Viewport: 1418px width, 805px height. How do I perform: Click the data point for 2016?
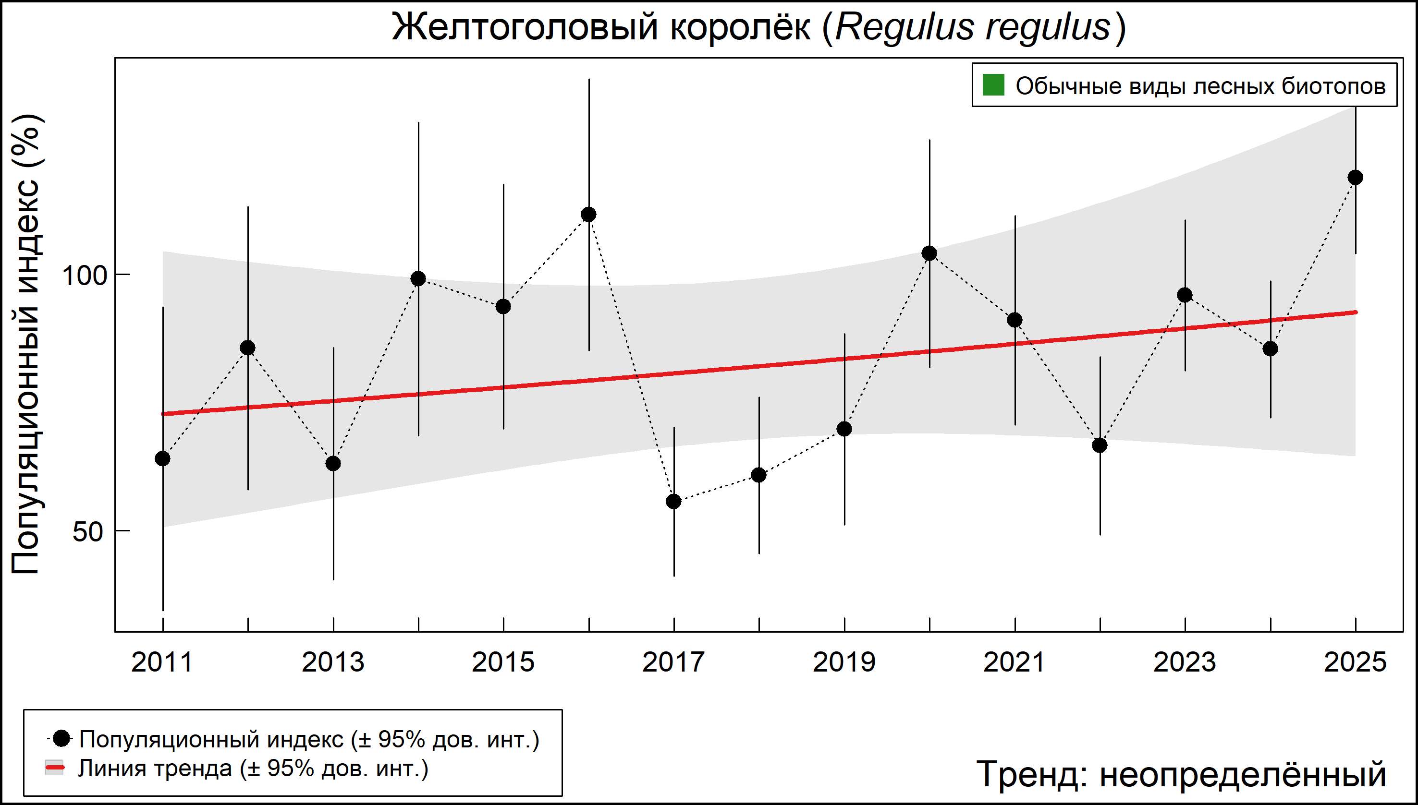coord(588,215)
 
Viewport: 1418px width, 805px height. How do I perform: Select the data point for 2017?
coord(674,502)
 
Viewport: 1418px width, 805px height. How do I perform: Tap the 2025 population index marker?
coord(1355,178)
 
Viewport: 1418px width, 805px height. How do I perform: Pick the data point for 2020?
coord(929,253)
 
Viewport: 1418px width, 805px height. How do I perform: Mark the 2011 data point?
coord(163,459)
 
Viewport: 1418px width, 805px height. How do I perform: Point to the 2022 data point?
coord(1100,445)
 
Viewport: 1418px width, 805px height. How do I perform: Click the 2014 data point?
coord(418,278)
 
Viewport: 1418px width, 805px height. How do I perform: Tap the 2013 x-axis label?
coord(333,662)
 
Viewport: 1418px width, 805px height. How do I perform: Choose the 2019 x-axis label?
coord(844,662)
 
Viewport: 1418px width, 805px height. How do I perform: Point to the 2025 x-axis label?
coord(1355,662)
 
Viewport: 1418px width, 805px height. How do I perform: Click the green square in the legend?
coord(993,85)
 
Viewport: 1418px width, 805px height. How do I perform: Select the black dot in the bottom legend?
coord(62,738)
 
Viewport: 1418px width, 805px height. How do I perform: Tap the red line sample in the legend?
coord(54,768)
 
